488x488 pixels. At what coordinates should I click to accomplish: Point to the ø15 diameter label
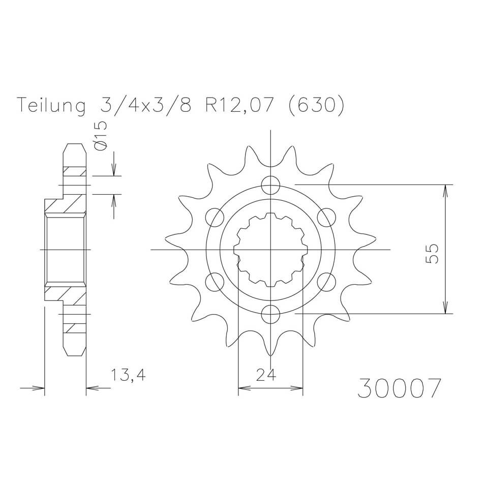coord(101,136)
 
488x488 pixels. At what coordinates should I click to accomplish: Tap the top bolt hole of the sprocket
coord(270,184)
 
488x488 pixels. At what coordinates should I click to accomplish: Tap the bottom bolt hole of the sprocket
coord(270,314)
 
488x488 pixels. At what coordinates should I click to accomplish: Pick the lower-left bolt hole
coord(215,281)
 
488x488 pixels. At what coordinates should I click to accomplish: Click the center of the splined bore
coord(270,249)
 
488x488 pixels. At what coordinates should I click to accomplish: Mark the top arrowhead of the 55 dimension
coord(446,189)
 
